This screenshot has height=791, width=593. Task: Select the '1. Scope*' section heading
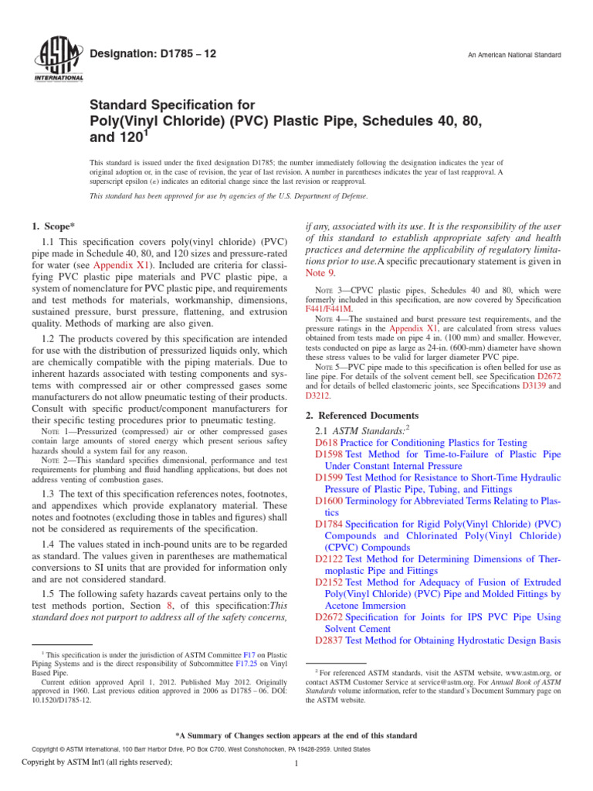coord(56,229)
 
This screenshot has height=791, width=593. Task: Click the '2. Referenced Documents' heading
coord(363,415)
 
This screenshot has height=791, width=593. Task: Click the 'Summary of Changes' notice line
coord(296,735)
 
